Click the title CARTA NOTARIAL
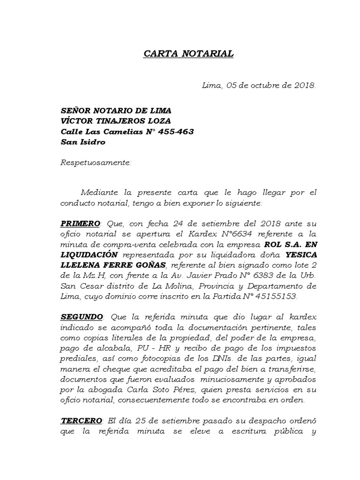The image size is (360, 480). pyautogui.click(x=188, y=54)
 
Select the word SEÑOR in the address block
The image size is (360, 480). pyautogui.click(x=75, y=111)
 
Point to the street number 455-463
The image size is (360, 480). pyautogui.click(x=176, y=131)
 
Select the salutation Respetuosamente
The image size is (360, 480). pyautogui.click(x=96, y=163)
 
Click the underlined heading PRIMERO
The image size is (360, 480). pyautogui.click(x=80, y=223)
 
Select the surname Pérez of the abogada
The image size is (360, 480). pyautogui.click(x=187, y=390)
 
